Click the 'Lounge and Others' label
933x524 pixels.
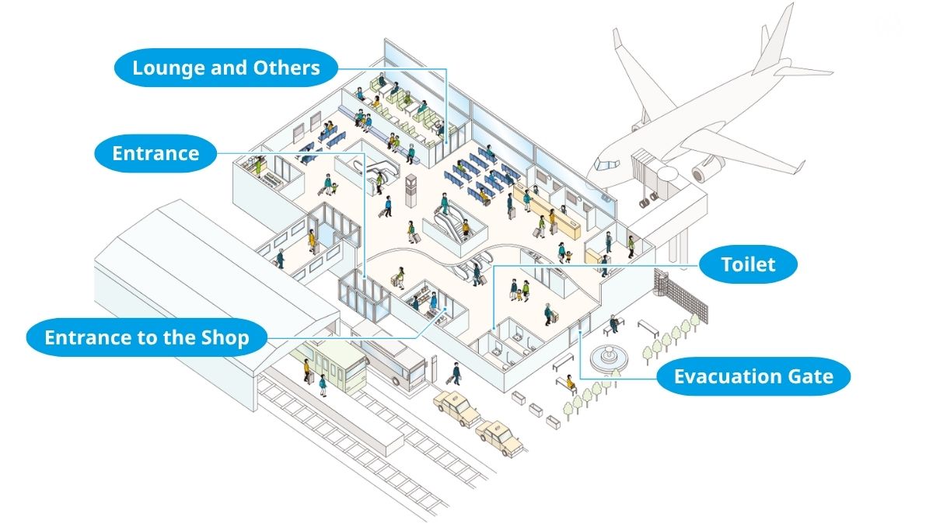(x=226, y=68)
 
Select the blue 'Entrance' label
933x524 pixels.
(x=155, y=153)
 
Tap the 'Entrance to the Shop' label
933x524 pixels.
(x=147, y=337)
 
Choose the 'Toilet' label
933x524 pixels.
(x=748, y=265)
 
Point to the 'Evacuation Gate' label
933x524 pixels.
(x=753, y=377)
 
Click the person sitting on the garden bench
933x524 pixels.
(x=614, y=321)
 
